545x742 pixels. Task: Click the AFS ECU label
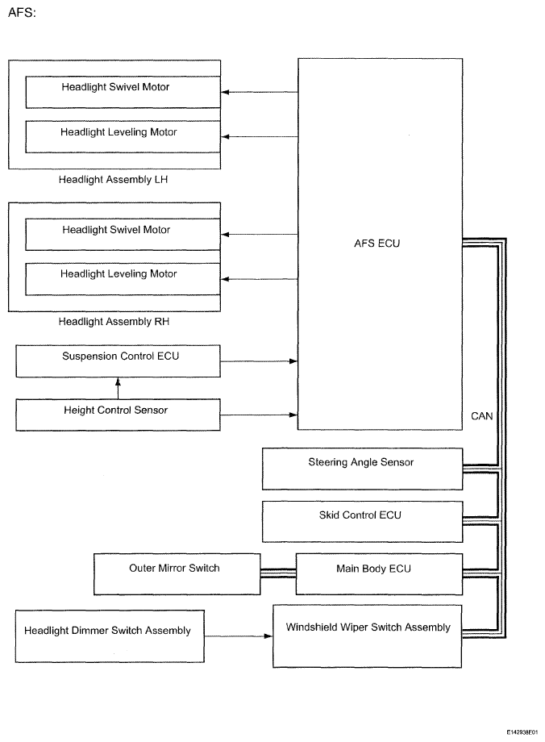(377, 244)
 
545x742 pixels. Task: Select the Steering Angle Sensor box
(362, 469)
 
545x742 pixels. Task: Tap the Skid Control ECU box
(362, 522)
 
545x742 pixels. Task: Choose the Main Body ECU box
(379, 574)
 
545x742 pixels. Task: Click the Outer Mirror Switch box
(177, 574)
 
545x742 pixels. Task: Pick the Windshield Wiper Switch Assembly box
(367, 636)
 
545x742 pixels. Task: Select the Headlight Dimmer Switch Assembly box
(110, 636)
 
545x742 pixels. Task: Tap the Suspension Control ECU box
(119, 361)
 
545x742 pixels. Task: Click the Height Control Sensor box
(119, 415)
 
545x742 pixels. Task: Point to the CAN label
(481, 416)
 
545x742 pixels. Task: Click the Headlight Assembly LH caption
(113, 179)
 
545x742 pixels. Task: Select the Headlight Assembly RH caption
(114, 321)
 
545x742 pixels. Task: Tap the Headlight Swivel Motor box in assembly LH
(123, 92)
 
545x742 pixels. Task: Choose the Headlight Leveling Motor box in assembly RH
(123, 279)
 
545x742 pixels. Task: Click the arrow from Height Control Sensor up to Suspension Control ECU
(118, 388)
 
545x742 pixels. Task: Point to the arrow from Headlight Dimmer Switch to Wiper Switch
(239, 636)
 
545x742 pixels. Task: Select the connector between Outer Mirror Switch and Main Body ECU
(278, 573)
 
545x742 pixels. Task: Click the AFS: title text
(22, 13)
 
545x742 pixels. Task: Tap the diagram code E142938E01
(522, 732)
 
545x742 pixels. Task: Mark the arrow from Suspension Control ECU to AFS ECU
(260, 361)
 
